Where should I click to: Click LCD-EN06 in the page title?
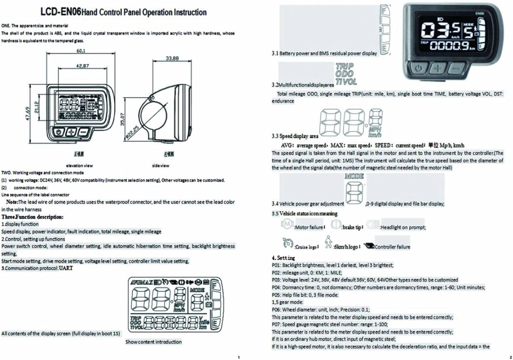tap(60, 12)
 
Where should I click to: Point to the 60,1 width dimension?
tap(81, 51)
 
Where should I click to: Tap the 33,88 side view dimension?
tap(172, 58)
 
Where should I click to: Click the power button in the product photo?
tap(418, 68)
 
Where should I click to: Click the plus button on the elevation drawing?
tap(71, 132)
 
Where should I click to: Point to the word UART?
tap(66, 268)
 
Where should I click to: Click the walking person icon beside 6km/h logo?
tap(328, 242)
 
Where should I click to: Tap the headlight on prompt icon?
tap(371, 225)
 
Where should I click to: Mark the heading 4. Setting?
tap(283, 258)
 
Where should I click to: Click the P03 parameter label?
tap(276, 280)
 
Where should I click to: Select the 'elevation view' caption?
tap(79, 165)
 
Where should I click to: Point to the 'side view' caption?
tap(160, 165)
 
